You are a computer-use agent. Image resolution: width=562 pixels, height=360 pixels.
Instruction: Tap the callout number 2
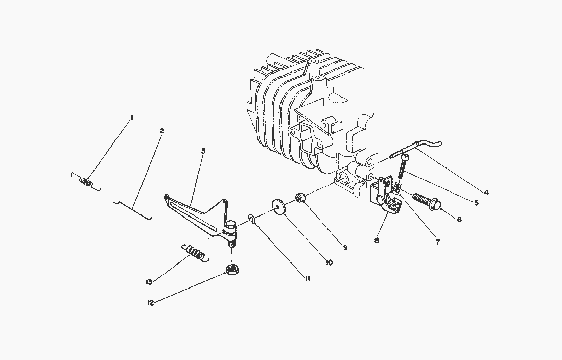coord(161,131)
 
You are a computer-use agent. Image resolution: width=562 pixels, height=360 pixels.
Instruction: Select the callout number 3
coord(203,151)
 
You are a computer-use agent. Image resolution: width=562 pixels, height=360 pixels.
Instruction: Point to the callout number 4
coord(486,193)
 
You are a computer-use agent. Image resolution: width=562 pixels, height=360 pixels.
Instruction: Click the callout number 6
coord(459,219)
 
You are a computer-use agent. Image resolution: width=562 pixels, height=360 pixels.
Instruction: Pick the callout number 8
coord(376,241)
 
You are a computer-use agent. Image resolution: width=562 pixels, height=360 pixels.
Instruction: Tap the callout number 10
coord(330,262)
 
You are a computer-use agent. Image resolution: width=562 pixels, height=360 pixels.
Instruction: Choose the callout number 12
coord(150,303)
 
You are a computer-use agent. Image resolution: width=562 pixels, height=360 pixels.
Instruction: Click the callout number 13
coord(149,282)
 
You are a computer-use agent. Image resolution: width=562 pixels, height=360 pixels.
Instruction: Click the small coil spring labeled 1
coord(86,182)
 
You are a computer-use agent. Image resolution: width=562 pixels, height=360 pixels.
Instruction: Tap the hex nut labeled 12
coord(232,270)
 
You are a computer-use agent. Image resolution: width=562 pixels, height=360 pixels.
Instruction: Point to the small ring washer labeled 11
coord(251,219)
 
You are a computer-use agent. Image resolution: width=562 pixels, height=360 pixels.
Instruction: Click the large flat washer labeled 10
coord(278,207)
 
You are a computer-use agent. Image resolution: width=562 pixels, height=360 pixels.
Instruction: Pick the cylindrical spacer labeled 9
coord(300,197)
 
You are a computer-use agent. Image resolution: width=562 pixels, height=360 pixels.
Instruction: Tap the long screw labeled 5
coord(403,165)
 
